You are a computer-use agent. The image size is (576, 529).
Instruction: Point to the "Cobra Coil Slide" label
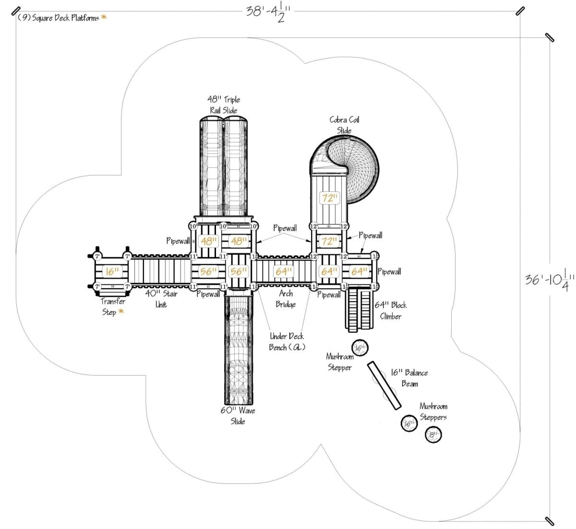[x=344, y=125]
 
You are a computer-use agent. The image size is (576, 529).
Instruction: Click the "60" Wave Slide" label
[x=238, y=416]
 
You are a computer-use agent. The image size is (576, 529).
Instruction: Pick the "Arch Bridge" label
[x=286, y=299]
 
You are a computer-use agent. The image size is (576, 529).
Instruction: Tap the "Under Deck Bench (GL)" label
[x=287, y=341]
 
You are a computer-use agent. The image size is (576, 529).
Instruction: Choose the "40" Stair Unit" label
[x=161, y=299]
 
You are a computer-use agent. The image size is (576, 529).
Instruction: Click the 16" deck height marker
[x=111, y=271]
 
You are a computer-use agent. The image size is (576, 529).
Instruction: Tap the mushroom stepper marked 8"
[x=433, y=435]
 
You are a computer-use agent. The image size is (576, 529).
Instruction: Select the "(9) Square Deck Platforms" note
[x=58, y=18]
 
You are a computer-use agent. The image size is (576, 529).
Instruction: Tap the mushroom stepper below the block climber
[x=360, y=347]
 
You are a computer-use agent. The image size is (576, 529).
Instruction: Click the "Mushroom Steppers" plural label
[x=433, y=411]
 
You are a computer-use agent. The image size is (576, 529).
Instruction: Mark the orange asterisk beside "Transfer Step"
[x=120, y=312]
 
